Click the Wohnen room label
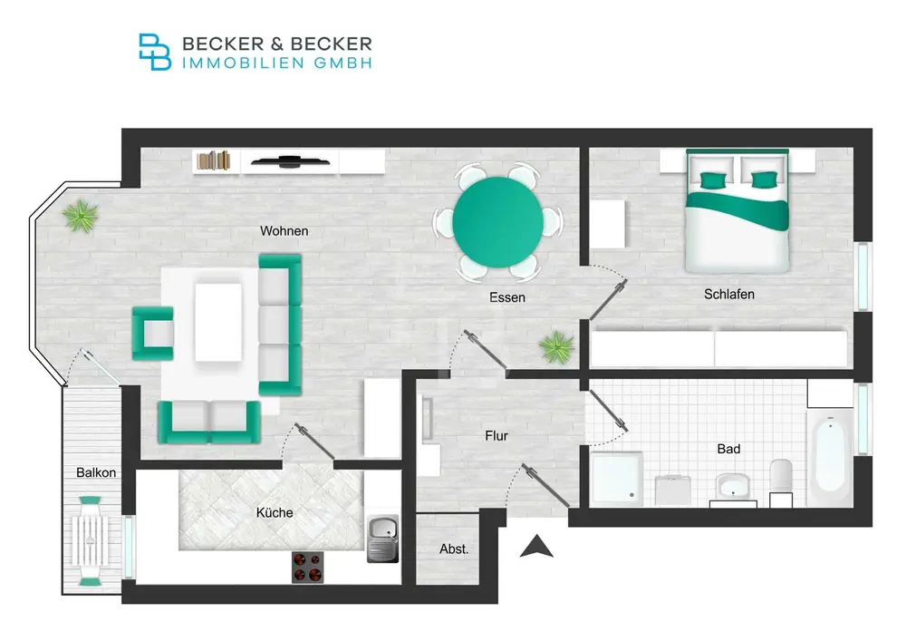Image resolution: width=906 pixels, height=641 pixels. pyautogui.click(x=284, y=230)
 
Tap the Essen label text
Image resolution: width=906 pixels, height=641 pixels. pyautogui.click(x=506, y=297)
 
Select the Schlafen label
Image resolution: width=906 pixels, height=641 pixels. pyautogui.click(x=728, y=294)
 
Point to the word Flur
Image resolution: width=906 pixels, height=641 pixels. pyautogui.click(x=496, y=436)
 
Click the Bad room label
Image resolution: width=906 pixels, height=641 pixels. pyautogui.click(x=728, y=449)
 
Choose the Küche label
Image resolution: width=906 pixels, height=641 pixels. pyautogui.click(x=275, y=512)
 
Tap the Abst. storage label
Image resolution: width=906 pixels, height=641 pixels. pyautogui.click(x=454, y=549)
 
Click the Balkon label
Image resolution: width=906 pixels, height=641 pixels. pyautogui.click(x=96, y=472)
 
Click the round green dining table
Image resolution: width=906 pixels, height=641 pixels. pyautogui.click(x=497, y=222)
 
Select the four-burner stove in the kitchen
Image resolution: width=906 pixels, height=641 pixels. pyautogui.click(x=307, y=567)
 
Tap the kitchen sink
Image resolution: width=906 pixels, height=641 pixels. pyautogui.click(x=382, y=539)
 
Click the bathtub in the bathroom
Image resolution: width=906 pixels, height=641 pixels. pyautogui.click(x=830, y=458)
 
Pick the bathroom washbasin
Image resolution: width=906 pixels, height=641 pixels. pyautogui.click(x=733, y=486)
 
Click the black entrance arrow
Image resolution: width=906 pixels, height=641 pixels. pyautogui.click(x=536, y=546)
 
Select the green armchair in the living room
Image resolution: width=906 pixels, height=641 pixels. pyautogui.click(x=152, y=334)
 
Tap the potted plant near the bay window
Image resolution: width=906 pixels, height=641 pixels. pyautogui.click(x=81, y=216)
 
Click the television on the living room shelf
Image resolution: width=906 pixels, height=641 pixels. pyautogui.click(x=291, y=162)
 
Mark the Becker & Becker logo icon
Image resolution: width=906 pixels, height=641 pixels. pyautogui.click(x=155, y=52)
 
